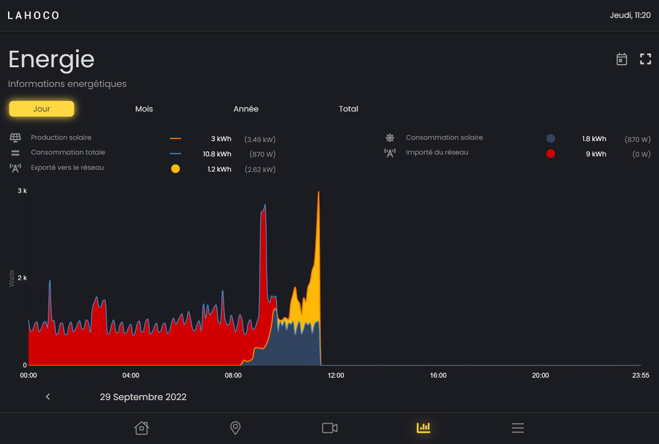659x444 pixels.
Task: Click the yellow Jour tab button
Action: coord(42,109)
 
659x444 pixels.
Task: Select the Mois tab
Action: coord(144,109)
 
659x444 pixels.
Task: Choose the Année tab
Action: coord(246,109)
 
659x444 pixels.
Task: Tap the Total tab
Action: coord(348,109)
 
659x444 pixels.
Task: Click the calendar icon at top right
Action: coord(621,59)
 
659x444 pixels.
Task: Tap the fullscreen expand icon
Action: coord(645,59)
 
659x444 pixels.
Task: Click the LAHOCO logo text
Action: coord(34,16)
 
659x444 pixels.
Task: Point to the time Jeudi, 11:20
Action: coord(630,15)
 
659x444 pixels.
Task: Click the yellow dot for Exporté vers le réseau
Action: coord(176,169)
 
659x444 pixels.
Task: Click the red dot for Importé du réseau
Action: coord(551,154)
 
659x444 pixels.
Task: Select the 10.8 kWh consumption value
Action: coord(217,154)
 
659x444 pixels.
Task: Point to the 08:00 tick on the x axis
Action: coord(233,375)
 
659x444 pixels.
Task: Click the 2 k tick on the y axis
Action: coord(22,278)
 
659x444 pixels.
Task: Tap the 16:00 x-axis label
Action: coord(438,375)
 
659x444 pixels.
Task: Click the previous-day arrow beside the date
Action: coord(48,397)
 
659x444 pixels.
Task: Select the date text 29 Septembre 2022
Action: coord(143,397)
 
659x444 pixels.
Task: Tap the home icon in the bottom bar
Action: coord(142,428)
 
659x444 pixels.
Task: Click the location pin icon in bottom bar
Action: coord(235,428)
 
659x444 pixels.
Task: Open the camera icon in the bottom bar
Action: coord(330,428)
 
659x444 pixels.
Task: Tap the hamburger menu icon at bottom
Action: coord(517,428)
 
